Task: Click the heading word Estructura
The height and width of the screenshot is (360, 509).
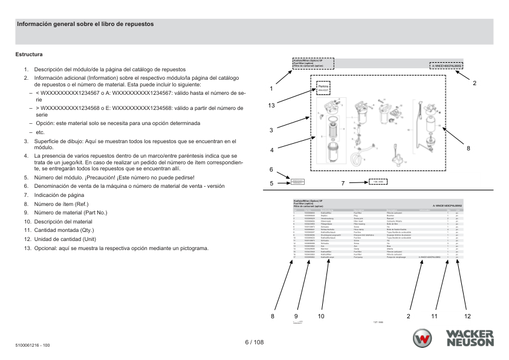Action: point(28,55)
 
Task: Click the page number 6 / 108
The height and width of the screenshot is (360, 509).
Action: point(254,342)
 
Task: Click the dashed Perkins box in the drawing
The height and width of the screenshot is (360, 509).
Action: point(323,88)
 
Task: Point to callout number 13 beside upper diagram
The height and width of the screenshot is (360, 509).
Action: point(272,106)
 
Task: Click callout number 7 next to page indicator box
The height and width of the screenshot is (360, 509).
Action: point(343,182)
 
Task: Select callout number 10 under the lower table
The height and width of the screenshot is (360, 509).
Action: point(321,316)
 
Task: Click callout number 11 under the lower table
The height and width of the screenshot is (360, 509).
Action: point(433,316)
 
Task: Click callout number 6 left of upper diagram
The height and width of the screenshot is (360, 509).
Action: point(271,170)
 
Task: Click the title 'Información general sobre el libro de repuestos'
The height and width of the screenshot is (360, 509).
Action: point(85,25)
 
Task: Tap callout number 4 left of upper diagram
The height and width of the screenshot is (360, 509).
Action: point(272,150)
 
